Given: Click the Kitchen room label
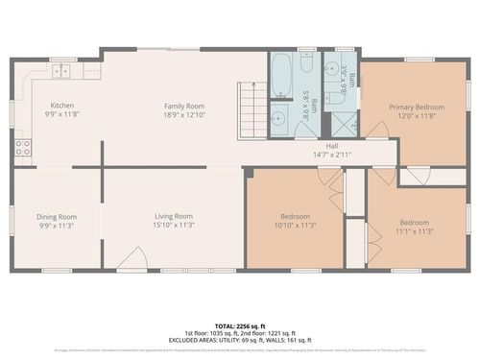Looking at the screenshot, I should pyautogui.click(x=61, y=105).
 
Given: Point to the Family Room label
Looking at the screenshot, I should pyautogui.click(x=183, y=105).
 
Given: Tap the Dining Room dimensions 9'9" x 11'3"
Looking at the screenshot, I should pyautogui.click(x=57, y=227).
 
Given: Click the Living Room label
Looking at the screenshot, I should pyautogui.click(x=174, y=216).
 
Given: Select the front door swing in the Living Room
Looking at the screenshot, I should pyautogui.click(x=135, y=256).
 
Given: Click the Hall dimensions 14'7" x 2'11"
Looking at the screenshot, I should pyautogui.click(x=332, y=155).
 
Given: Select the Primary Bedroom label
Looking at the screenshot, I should pyautogui.click(x=417, y=107).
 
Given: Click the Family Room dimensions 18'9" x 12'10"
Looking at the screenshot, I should pyautogui.click(x=183, y=115).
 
